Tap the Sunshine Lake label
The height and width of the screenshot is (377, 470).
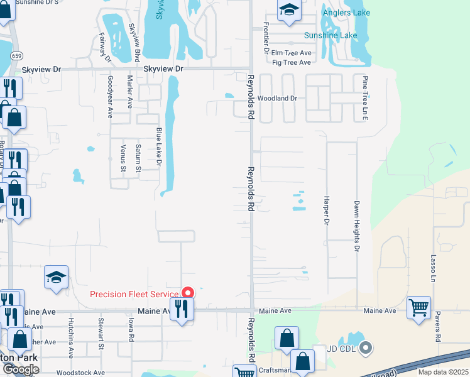(331, 35)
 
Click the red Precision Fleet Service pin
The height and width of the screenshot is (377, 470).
(187, 293)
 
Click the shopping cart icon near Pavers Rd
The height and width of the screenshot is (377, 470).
(419, 308)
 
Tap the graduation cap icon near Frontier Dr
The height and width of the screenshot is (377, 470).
(288, 11)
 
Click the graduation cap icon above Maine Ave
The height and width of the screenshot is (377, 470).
(57, 277)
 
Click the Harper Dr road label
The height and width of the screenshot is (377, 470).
(327, 215)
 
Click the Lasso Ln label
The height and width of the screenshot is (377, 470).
(434, 268)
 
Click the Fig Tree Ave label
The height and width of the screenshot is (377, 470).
(292, 63)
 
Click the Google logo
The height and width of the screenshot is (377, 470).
(20, 369)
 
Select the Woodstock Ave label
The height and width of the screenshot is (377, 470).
(80, 373)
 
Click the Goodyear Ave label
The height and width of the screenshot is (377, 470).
(110, 97)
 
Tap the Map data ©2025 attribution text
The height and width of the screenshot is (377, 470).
(443, 372)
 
